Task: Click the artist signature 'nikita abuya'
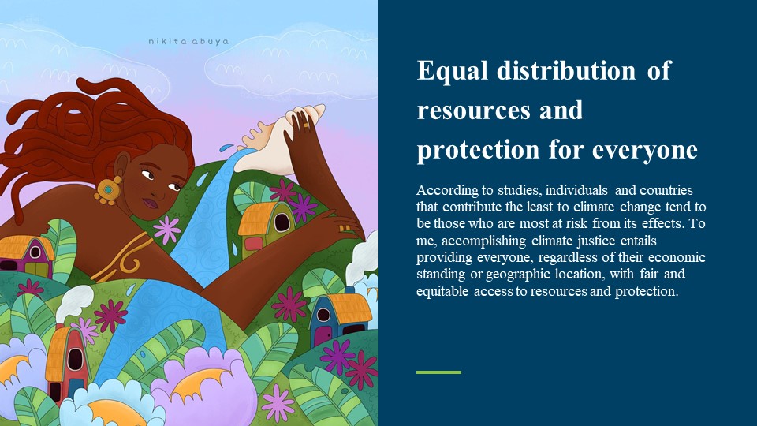pyautogui.click(x=188, y=42)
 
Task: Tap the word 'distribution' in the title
pyautogui.click(x=566, y=70)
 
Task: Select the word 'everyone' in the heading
pyautogui.click(x=644, y=150)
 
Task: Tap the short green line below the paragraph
pyautogui.click(x=438, y=372)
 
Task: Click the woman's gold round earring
pyautogui.click(x=107, y=190)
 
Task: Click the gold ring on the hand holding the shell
pyautogui.click(x=306, y=125)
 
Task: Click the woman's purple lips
pyautogui.click(x=151, y=204)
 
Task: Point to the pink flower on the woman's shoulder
pyautogui.click(x=166, y=230)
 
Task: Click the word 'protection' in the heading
pyautogui.click(x=478, y=150)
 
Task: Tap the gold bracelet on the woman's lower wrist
pyautogui.click(x=344, y=229)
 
